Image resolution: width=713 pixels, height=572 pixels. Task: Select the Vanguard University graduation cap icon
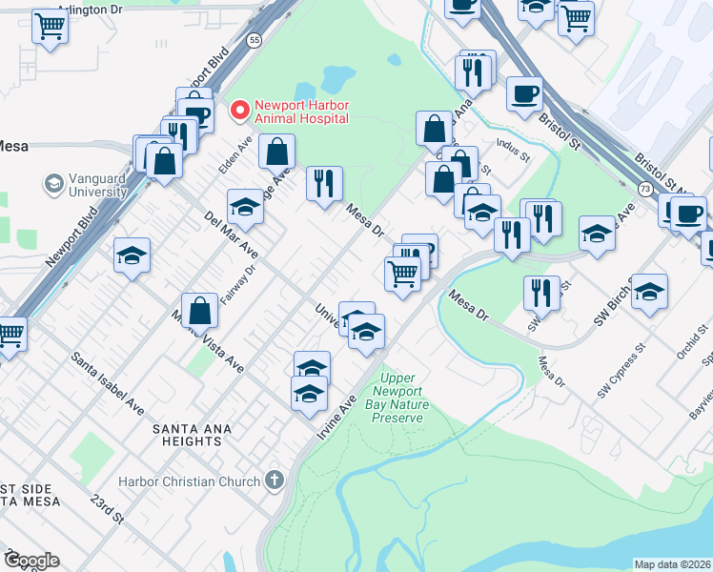coord(53,181)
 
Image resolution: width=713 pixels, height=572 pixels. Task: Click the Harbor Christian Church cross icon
coord(275,480)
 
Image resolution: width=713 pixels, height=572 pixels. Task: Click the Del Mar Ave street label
coord(231,235)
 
